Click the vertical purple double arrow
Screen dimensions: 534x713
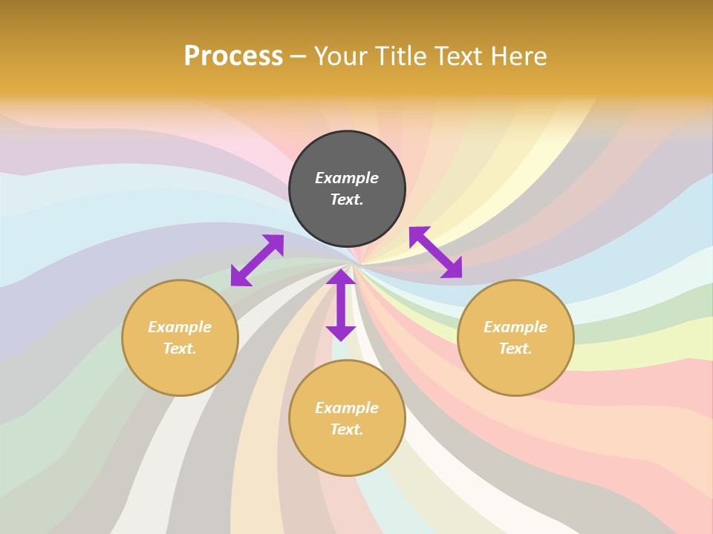[341, 305]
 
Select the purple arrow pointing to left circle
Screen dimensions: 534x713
[257, 260]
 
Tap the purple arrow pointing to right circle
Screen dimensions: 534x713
[435, 252]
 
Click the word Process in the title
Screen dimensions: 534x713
[233, 56]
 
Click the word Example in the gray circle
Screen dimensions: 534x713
[347, 178]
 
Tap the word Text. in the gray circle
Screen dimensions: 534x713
[347, 200]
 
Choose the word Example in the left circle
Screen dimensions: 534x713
[180, 327]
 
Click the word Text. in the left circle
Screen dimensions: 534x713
[180, 349]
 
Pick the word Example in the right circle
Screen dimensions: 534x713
[515, 327]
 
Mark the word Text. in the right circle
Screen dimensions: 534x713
[515, 349]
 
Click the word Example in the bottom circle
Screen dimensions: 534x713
[347, 408]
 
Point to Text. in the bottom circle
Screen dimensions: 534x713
[347, 429]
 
